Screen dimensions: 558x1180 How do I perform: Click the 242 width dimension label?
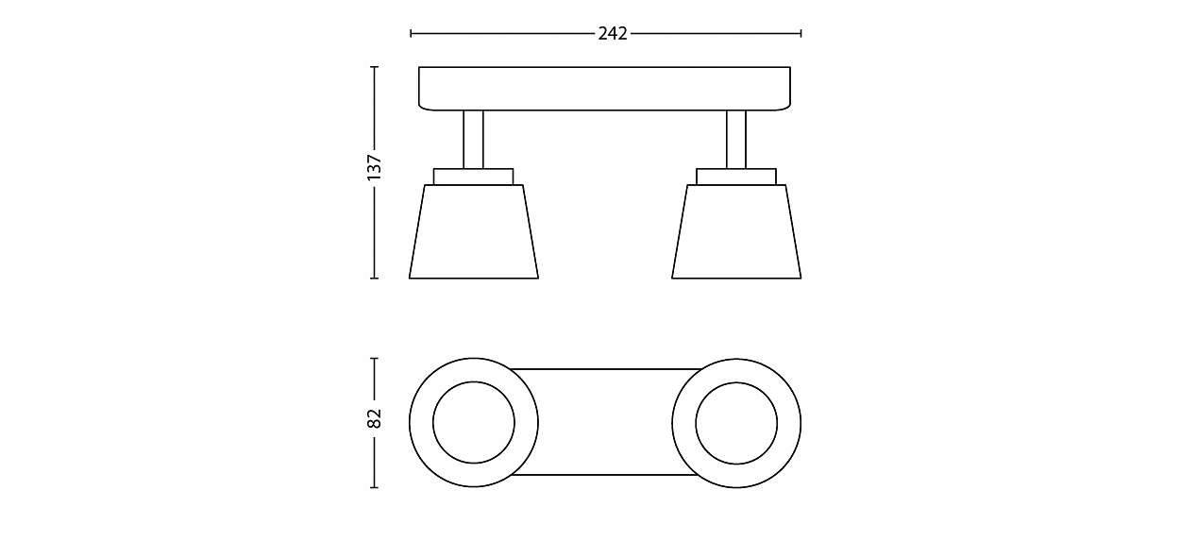coord(613,33)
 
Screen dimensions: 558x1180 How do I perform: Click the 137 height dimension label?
coord(374,167)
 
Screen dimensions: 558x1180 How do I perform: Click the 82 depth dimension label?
coord(374,418)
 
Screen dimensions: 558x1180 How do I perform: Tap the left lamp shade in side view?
coord(474,231)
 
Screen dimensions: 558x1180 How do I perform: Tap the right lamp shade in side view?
coord(736,231)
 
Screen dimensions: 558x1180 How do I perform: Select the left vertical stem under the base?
coord(474,139)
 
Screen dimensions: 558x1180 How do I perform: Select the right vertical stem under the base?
coord(736,139)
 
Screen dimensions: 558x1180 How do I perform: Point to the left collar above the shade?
coord(474,177)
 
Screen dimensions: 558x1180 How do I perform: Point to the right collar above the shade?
coord(736,177)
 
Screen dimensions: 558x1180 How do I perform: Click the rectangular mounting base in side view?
coord(604,88)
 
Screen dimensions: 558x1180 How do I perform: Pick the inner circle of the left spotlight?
coord(474,423)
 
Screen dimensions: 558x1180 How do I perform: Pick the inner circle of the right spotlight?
coord(736,423)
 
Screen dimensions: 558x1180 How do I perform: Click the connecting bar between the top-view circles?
coord(604,422)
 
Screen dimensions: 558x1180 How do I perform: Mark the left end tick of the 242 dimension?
coord(411,33)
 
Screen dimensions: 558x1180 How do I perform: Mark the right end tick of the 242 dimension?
coord(801,33)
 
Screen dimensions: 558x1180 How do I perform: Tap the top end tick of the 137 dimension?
coord(374,67)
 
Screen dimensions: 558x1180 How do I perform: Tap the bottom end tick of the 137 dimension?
coord(374,279)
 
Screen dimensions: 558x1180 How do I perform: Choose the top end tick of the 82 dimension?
coord(374,359)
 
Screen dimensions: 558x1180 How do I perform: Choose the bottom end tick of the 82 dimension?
coord(374,487)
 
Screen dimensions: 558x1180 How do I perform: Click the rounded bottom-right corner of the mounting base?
coord(786,106)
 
